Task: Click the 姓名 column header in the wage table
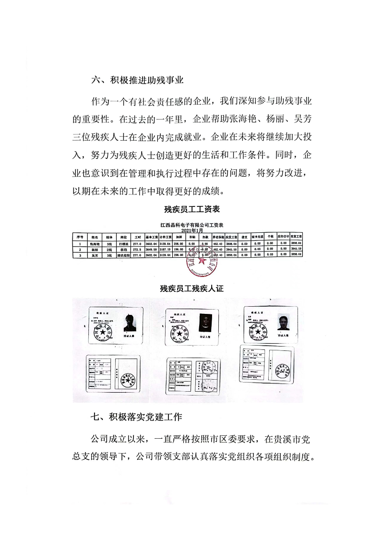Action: coord(94,237)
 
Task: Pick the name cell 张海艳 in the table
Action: coord(94,243)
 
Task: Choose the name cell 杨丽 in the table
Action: coord(94,249)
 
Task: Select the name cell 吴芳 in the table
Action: coord(94,255)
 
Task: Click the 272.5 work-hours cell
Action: coord(138,249)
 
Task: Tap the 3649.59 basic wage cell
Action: coord(152,249)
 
